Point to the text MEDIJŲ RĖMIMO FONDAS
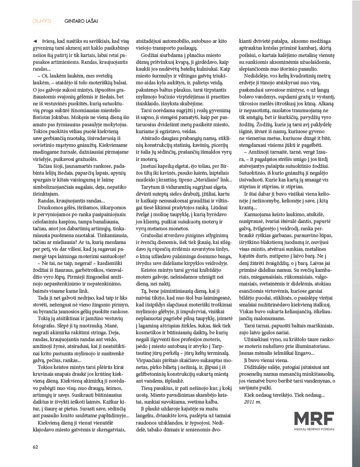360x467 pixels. pyautogui.click(x=314, y=429)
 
